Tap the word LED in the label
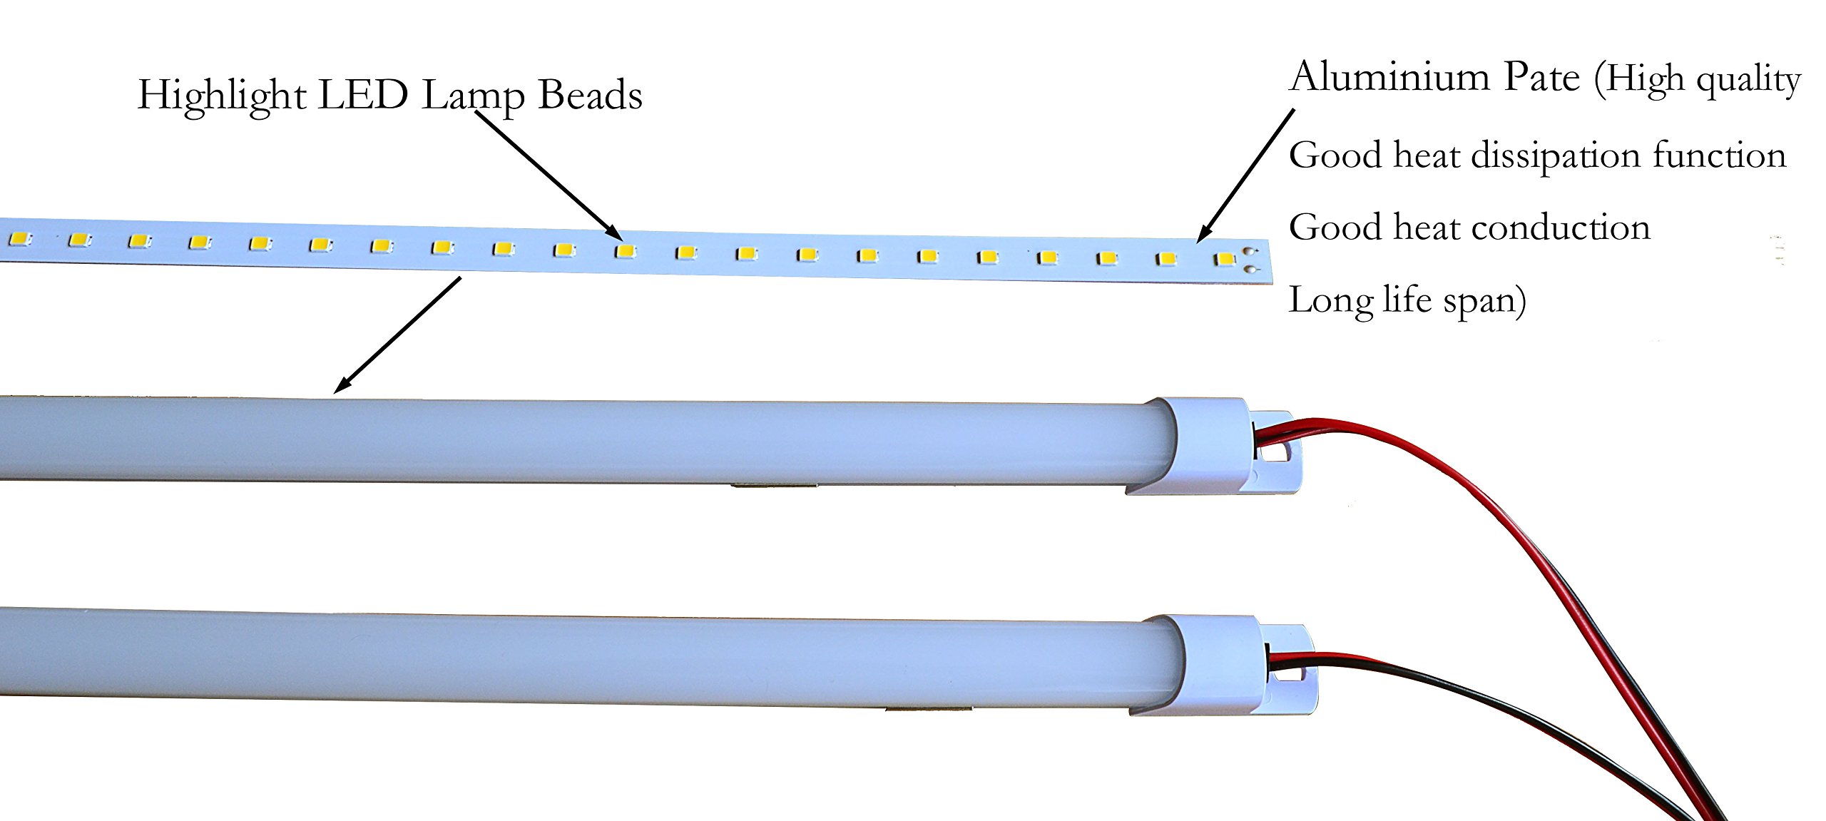pos(363,94)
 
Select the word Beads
pos(590,94)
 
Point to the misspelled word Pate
pos(1541,77)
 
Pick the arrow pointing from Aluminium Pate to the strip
pos(1245,175)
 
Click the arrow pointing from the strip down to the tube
pos(397,335)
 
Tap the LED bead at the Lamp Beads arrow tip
pos(626,251)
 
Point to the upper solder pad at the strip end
pos(1249,252)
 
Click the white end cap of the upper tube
pos(1213,446)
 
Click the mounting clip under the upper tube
pos(774,486)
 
